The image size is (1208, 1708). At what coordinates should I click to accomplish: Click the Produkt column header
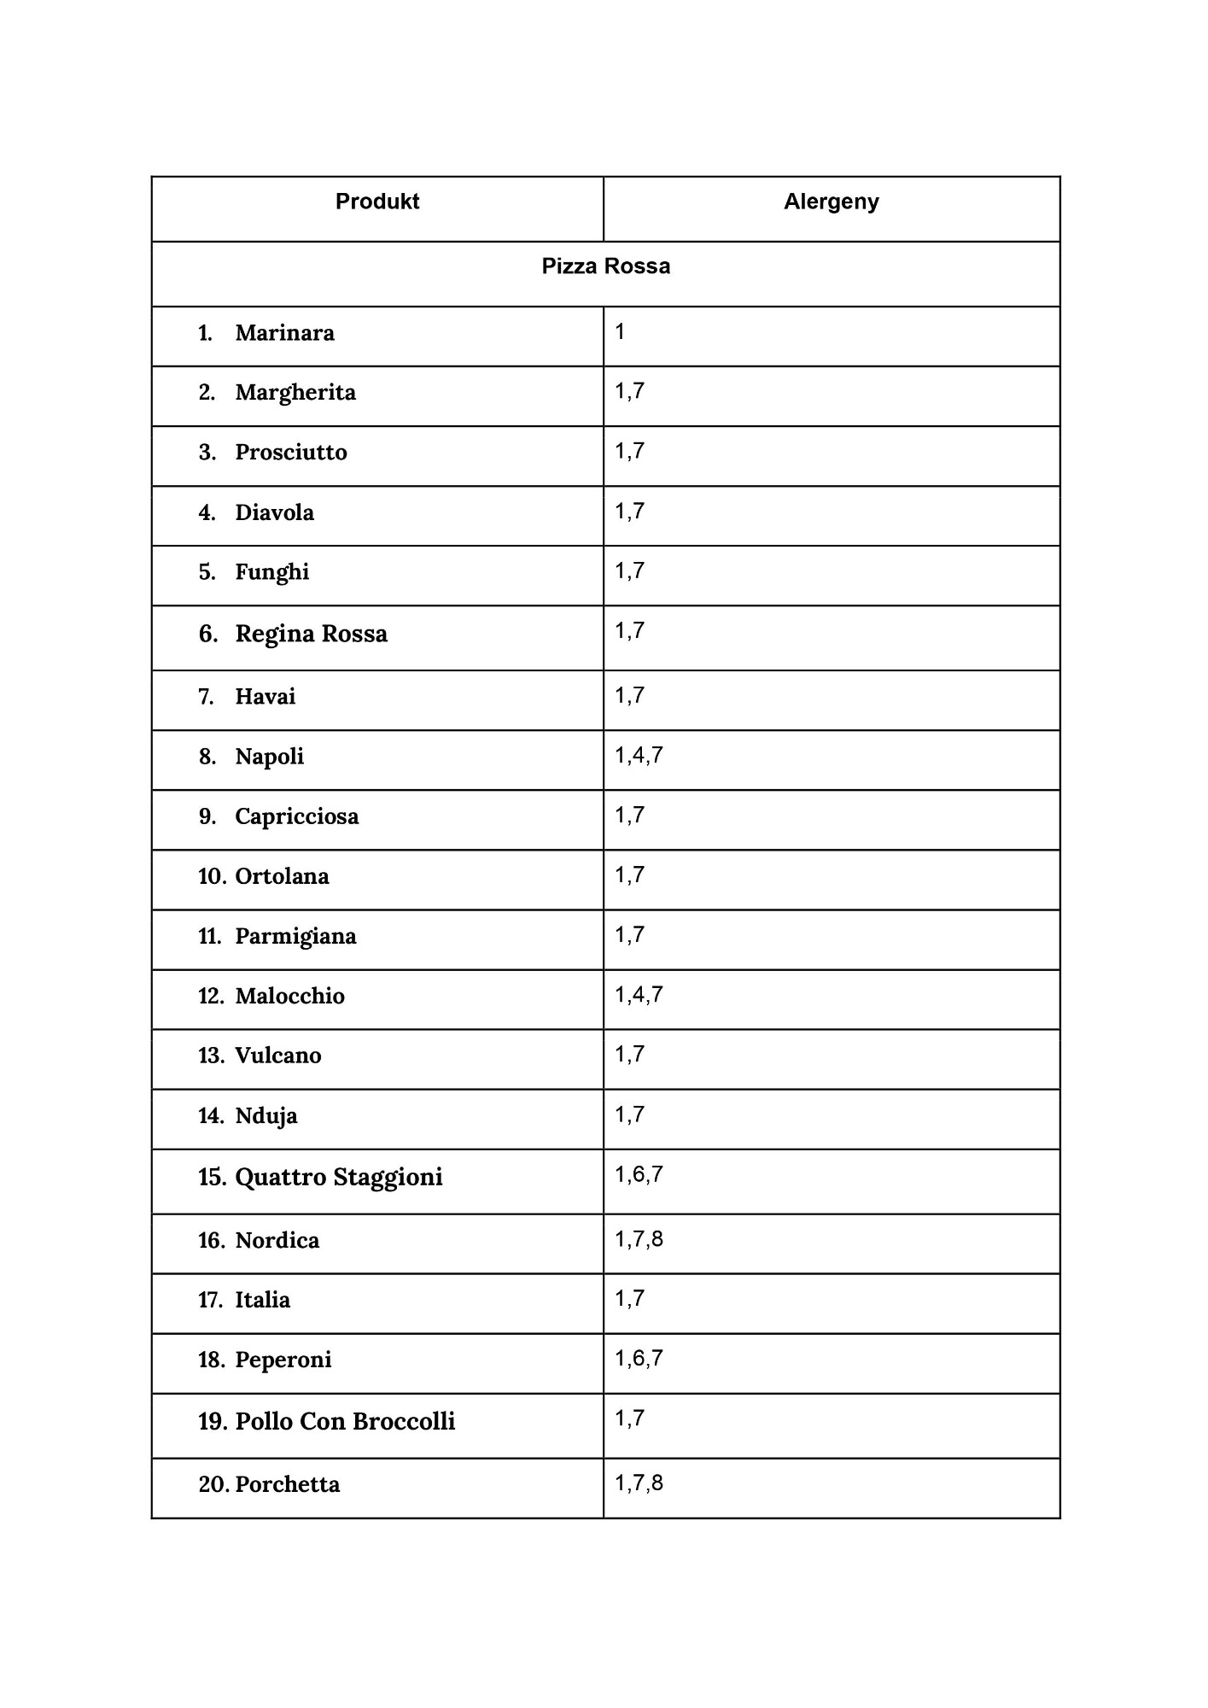377,202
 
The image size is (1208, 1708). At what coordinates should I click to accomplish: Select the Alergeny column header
831,202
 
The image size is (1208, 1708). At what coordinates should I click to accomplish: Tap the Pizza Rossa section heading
605,266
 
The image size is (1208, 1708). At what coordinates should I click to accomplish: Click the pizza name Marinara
284,333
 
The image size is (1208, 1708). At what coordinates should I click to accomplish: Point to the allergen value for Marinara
620,331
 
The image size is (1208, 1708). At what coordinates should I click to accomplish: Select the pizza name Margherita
295,393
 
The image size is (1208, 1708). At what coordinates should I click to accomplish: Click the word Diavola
274,512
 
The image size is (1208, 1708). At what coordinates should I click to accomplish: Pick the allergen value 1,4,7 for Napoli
639,755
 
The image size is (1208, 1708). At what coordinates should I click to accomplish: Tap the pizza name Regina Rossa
311,634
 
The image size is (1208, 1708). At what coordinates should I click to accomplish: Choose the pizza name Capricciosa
296,816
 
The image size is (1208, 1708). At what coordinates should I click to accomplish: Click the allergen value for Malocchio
639,994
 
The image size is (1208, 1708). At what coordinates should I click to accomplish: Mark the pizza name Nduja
266,1115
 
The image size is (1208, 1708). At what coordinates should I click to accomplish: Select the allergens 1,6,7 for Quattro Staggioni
639,1174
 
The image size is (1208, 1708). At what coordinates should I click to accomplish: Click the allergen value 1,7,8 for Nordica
639,1238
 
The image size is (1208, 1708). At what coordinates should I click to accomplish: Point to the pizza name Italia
262,1300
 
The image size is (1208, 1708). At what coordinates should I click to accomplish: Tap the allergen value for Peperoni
639,1358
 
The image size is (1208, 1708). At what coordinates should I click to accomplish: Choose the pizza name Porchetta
287,1484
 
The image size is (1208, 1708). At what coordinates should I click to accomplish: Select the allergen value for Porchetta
639,1483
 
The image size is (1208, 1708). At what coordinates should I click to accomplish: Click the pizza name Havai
265,697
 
